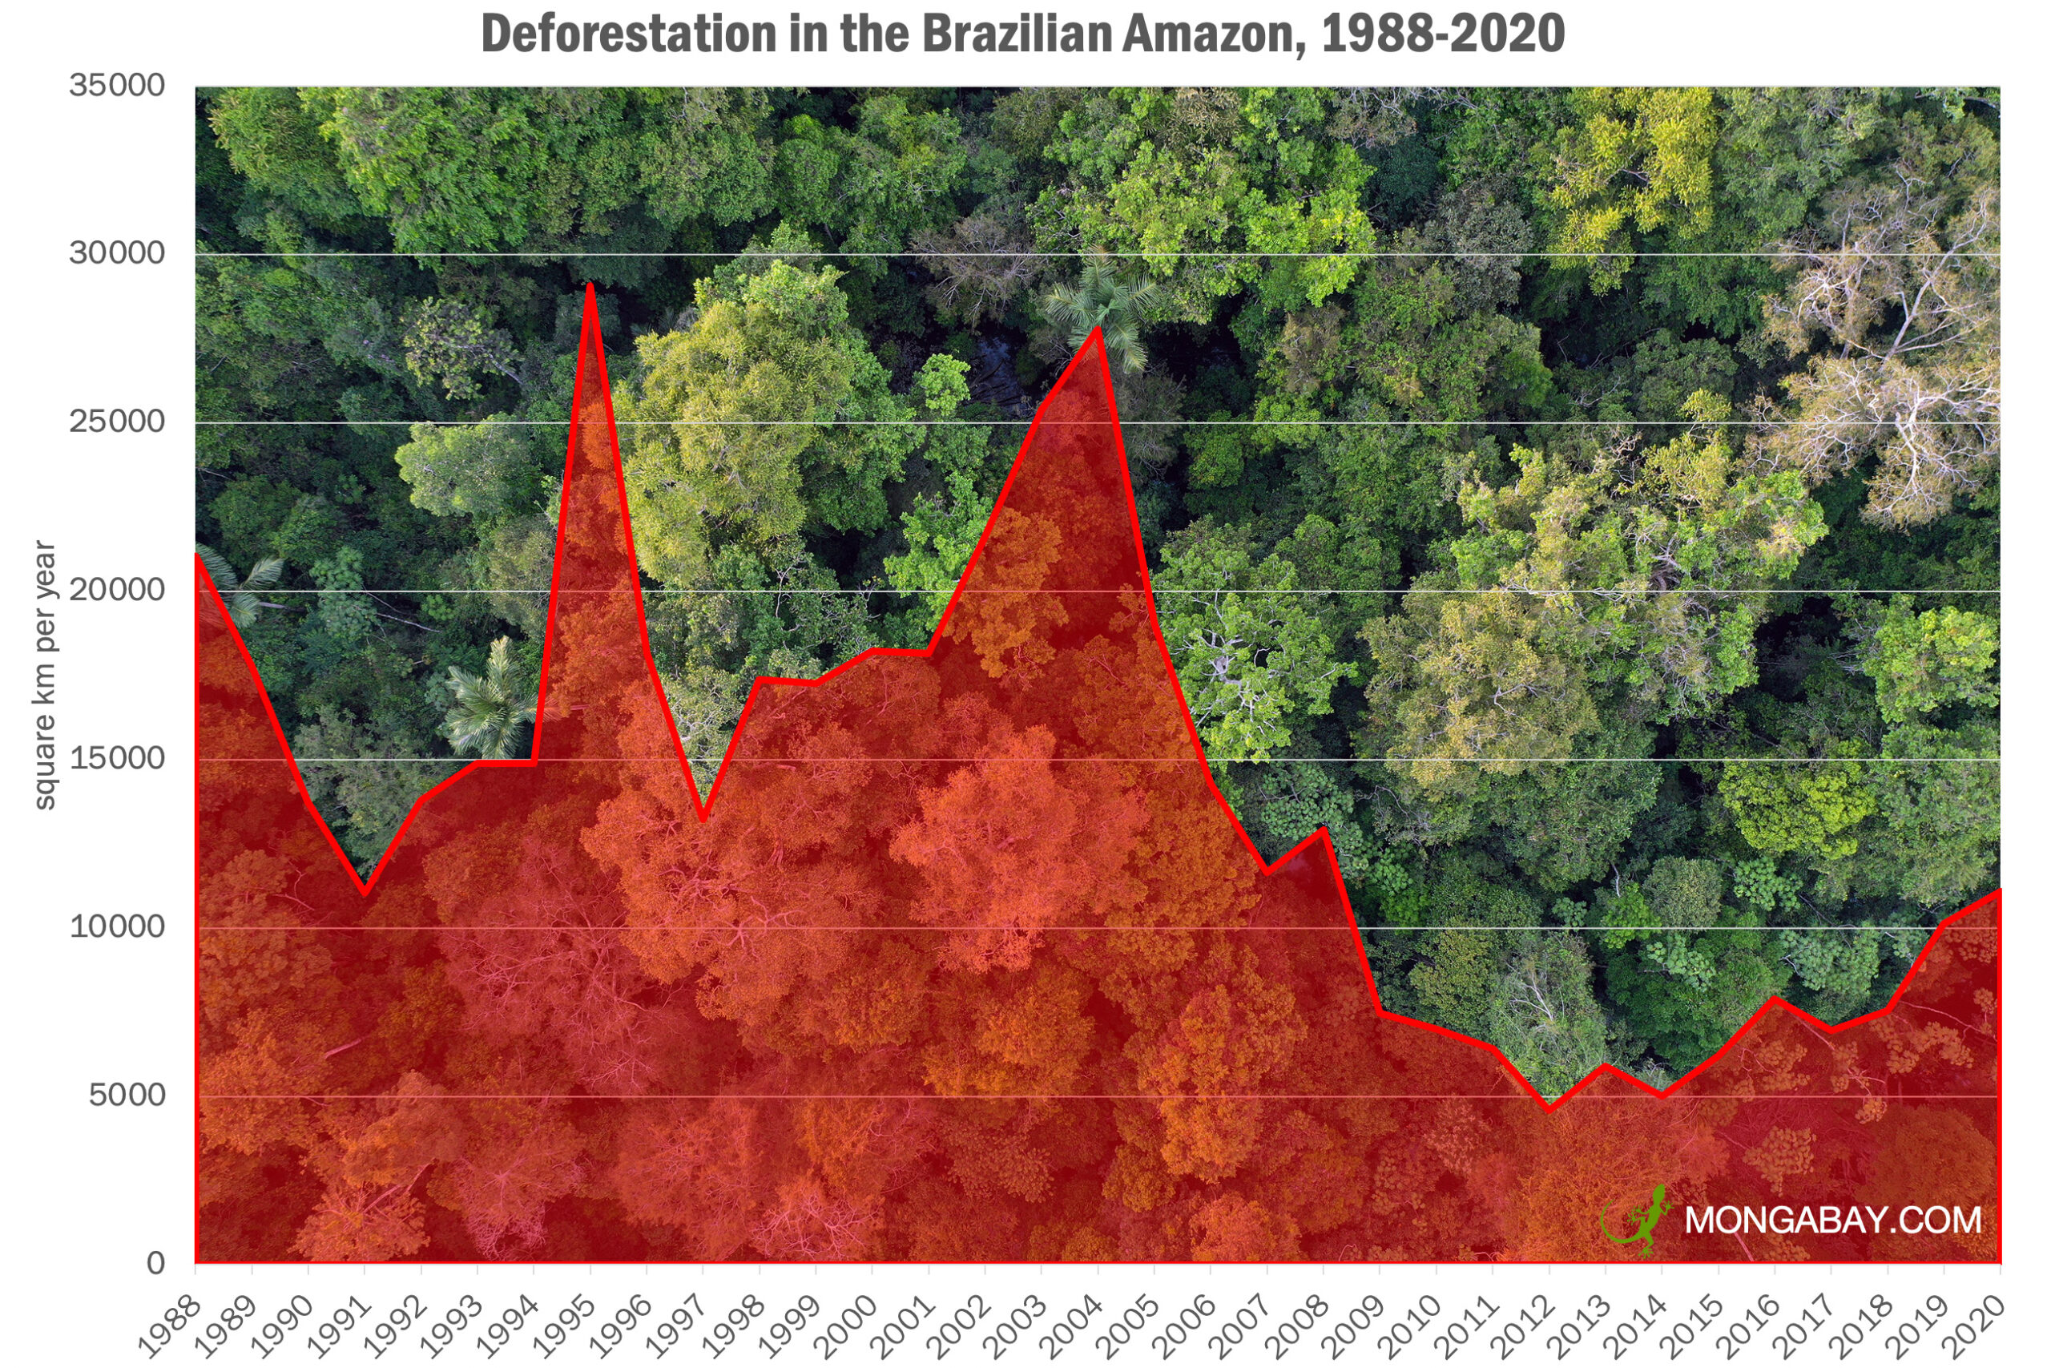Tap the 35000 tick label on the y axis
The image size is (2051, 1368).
(x=117, y=87)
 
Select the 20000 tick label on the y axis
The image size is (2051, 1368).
(x=117, y=591)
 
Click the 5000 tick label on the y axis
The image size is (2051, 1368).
(x=127, y=1095)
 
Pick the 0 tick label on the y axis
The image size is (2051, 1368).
(x=155, y=1263)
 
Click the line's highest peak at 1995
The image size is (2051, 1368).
(x=590, y=286)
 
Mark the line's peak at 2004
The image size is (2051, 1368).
(x=1098, y=329)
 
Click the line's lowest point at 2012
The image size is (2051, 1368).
(x=1549, y=1109)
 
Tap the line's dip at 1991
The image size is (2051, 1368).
(x=365, y=892)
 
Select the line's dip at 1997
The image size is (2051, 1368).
(x=703, y=817)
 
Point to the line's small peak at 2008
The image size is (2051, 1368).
(x=1324, y=829)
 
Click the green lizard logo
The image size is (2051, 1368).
(x=1638, y=1220)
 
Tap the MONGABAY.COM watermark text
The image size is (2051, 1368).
(x=1833, y=1220)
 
